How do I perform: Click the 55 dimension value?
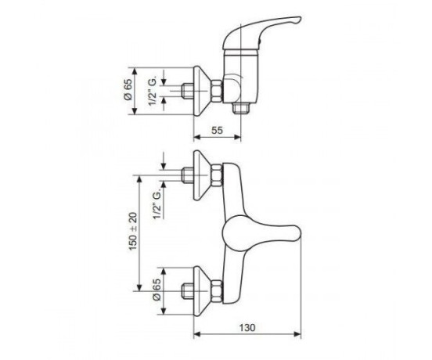point(217,130)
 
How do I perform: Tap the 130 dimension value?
point(247,327)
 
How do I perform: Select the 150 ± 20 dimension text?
point(133,232)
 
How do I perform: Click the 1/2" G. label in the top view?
point(153,91)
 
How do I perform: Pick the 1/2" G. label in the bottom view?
point(157,203)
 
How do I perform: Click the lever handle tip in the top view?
point(298,20)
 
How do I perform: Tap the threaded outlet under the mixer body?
point(240,108)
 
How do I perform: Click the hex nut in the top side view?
point(217,91)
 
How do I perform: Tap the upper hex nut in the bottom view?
point(217,175)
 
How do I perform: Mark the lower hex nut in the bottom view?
point(217,291)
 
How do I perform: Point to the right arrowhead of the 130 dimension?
point(298,334)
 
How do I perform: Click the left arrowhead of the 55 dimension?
point(197,137)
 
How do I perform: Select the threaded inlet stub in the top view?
point(188,91)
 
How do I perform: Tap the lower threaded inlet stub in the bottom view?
point(188,291)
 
